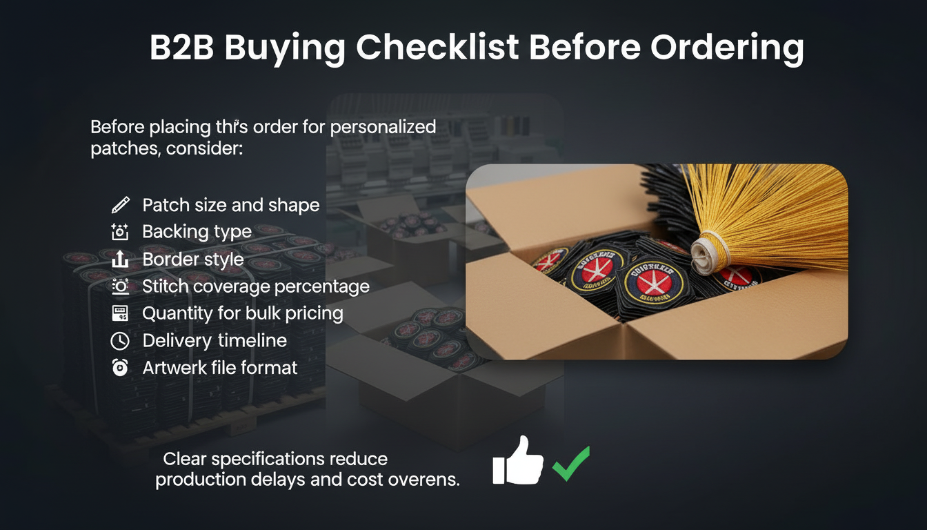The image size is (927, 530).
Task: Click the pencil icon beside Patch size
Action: pyautogui.click(x=120, y=205)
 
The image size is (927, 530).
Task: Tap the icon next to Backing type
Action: pyautogui.click(x=120, y=232)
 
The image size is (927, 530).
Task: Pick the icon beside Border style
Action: pyautogui.click(x=120, y=259)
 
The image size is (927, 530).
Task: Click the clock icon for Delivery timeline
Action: pyautogui.click(x=120, y=341)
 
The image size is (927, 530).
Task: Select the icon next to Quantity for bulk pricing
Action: pyautogui.click(x=120, y=314)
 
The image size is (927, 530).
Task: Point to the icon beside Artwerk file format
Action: pyautogui.click(x=120, y=369)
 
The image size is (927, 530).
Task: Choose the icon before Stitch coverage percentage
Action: pyautogui.click(x=120, y=286)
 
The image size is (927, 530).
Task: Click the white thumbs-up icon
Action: pyautogui.click(x=517, y=460)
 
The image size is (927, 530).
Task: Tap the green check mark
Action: pyautogui.click(x=571, y=463)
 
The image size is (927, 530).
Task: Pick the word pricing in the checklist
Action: pyautogui.click(x=315, y=314)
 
